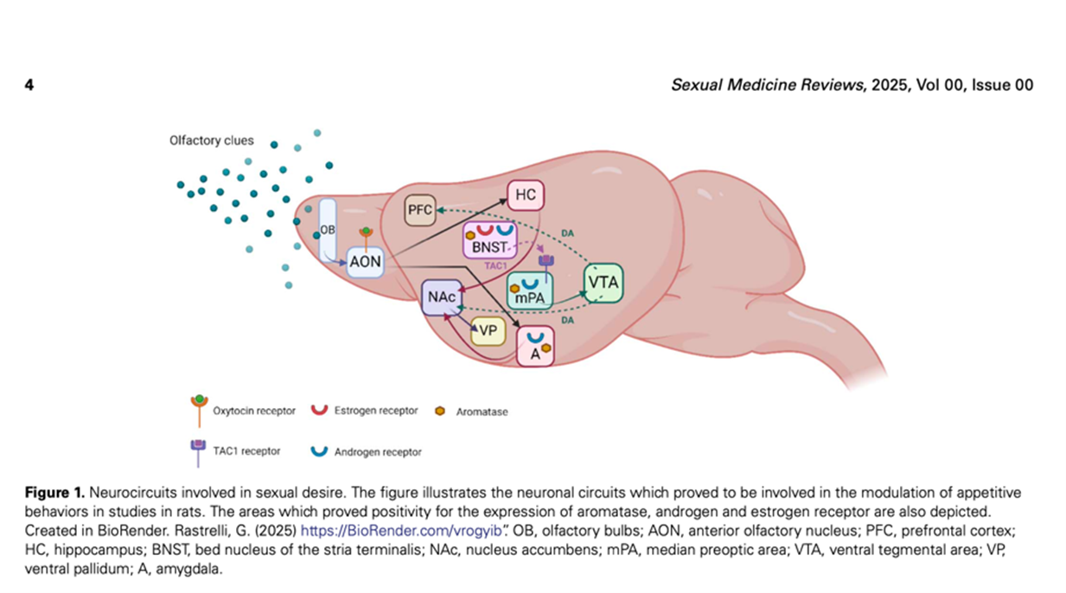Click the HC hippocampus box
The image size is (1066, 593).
click(525, 196)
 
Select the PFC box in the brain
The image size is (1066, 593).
click(420, 210)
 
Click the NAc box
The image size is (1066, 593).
click(441, 297)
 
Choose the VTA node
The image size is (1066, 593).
click(603, 282)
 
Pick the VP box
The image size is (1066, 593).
click(488, 330)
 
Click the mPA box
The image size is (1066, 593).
click(528, 298)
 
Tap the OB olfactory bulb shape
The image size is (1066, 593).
click(328, 231)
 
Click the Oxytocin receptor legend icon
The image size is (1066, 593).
click(198, 409)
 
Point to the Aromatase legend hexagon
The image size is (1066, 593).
click(440, 411)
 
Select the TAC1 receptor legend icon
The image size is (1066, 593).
click(198, 450)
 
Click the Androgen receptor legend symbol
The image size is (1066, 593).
click(319, 451)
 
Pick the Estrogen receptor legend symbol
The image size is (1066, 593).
click(319, 410)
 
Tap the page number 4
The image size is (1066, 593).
click(29, 85)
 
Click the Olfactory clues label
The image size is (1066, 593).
click(211, 140)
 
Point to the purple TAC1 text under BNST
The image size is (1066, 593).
click(495, 265)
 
